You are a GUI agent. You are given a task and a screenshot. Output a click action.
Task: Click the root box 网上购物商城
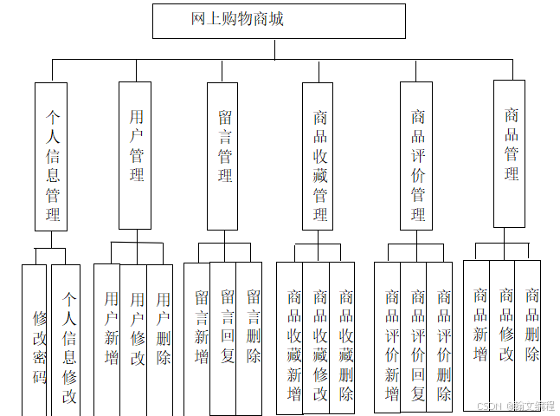tap(279, 21)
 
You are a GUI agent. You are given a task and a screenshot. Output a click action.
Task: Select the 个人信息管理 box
tap(51, 156)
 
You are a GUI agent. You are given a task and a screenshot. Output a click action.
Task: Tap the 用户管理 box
tap(135, 144)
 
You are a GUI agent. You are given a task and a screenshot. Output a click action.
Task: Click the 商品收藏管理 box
tap(319, 156)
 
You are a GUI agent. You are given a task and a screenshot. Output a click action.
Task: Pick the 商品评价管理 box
tap(416, 156)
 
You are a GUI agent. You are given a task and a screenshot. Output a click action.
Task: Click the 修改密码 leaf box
tap(36, 338)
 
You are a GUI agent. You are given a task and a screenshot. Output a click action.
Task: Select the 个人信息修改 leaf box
tap(67, 338)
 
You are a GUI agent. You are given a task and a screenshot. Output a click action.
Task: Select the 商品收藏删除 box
tap(344, 338)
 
